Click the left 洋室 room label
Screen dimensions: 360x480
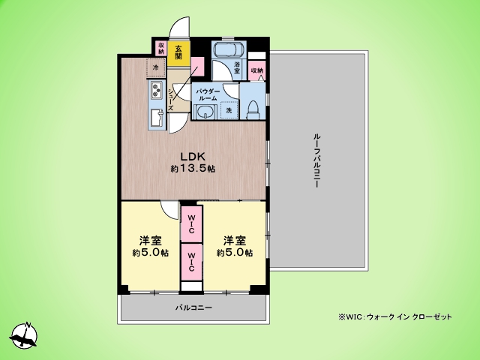click(x=150, y=241)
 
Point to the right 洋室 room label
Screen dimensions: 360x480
click(x=234, y=241)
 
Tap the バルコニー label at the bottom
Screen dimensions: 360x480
click(x=194, y=308)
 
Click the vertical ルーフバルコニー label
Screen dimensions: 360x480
click(x=318, y=160)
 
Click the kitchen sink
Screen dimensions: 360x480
click(x=157, y=118)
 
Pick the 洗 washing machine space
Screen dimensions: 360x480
click(x=229, y=110)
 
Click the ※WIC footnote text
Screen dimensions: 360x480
click(x=394, y=317)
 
